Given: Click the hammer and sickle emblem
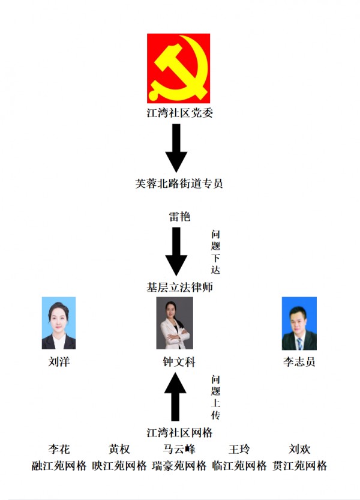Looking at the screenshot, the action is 178,68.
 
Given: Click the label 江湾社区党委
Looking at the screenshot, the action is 179,113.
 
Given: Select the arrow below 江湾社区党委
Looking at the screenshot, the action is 176,148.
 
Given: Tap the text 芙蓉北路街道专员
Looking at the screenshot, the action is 179,183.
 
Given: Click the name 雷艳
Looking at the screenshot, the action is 179,217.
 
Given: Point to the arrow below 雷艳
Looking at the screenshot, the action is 176,252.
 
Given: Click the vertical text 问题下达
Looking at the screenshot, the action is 215,252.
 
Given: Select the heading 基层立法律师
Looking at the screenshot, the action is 179,288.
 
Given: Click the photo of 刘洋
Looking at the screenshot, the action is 59,323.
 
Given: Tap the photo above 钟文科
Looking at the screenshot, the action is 175,323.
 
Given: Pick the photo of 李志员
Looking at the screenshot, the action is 299,324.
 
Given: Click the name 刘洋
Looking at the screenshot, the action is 59,362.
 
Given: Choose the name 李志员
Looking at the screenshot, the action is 299,362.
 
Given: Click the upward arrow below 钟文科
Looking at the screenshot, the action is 175,397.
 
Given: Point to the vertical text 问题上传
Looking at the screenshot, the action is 215,397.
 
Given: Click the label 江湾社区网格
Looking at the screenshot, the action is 179,433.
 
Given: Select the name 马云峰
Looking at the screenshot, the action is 179,450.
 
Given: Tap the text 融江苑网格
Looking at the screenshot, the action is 59,466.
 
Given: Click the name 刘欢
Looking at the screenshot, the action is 299,450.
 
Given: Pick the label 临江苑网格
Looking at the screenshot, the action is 239,466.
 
